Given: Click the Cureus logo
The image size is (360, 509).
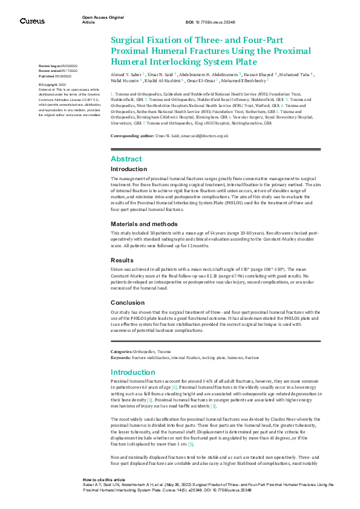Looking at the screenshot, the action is click(x=32, y=21).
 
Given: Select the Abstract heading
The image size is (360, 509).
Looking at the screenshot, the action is click(x=126, y=158).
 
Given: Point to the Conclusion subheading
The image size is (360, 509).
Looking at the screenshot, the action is click(x=128, y=302).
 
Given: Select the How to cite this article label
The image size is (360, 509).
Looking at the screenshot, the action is click(x=104, y=479).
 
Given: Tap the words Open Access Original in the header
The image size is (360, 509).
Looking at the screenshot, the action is click(x=103, y=18).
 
